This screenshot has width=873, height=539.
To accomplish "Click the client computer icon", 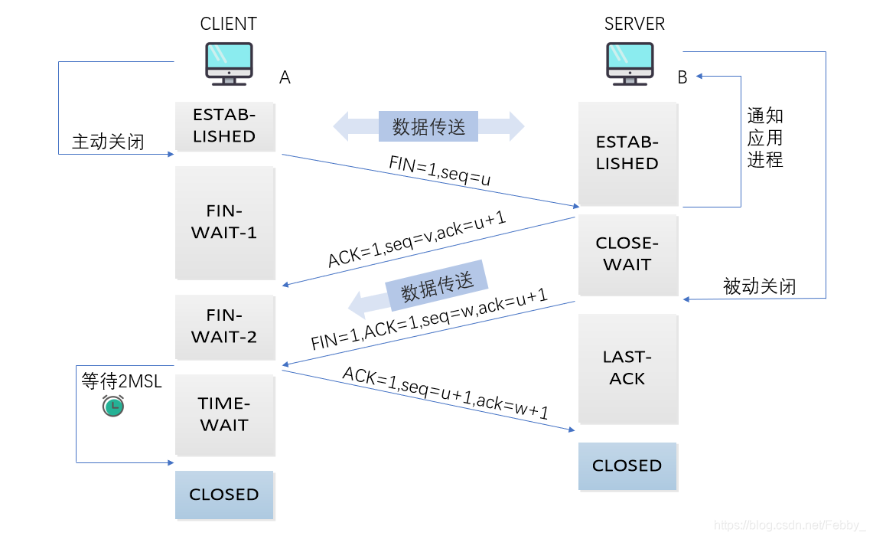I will tap(229, 64).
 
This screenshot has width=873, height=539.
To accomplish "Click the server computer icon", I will tap(630, 64).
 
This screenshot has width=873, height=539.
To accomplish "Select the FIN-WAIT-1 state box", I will tap(224, 223).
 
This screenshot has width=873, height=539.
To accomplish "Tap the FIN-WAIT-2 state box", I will tap(224, 326).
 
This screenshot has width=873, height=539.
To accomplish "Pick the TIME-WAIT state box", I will tap(224, 414).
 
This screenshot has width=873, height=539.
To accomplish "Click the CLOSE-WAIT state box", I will tap(627, 254).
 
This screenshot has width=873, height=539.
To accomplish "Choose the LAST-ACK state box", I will tap(627, 367).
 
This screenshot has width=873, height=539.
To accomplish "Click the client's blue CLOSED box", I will tap(224, 495).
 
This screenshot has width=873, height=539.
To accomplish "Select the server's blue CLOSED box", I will tap(627, 465).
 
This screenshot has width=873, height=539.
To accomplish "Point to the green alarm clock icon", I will tap(112, 405).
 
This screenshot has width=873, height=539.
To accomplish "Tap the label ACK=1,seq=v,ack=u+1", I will tap(418, 237).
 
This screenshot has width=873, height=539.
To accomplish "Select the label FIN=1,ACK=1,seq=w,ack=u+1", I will tap(428, 319).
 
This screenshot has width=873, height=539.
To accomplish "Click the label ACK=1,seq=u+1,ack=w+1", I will tap(445, 394).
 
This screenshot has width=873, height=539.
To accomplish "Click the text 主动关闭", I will tap(108, 142).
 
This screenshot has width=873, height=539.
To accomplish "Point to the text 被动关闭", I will tap(759, 286).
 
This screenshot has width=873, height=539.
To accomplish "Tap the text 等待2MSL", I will tap(122, 381).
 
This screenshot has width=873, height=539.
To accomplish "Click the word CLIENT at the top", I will tap(228, 24).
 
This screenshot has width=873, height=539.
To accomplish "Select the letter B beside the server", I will tap(682, 77).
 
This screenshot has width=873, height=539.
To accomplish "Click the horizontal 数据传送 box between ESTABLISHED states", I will tap(428, 126).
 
